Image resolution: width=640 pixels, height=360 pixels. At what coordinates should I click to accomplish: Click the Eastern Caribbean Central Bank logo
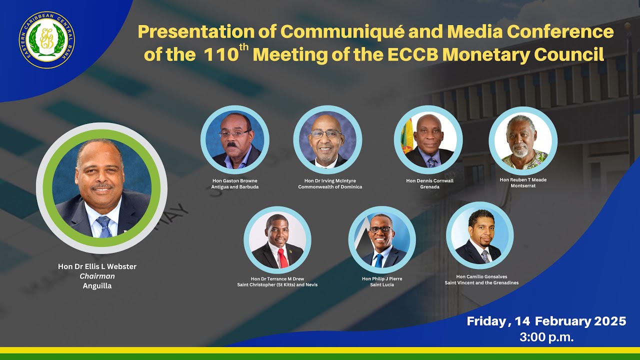point(47,40)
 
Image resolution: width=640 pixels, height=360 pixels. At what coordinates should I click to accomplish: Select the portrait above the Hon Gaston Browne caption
point(235,139)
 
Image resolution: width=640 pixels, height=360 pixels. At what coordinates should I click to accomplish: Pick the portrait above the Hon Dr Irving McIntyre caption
point(327,139)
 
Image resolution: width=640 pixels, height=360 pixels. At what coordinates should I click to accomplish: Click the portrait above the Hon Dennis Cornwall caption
point(428,140)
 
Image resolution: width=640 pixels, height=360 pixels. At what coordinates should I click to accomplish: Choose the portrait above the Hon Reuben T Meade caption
point(523,140)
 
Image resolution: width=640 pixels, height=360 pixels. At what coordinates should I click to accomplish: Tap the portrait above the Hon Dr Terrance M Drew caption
point(277,240)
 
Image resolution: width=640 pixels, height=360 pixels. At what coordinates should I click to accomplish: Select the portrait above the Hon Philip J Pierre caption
point(382,240)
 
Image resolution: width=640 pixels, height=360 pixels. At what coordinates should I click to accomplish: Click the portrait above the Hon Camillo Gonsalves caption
point(479,235)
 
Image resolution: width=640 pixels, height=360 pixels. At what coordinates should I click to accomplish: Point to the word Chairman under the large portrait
point(97,276)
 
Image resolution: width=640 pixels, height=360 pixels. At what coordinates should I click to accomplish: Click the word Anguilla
point(97,286)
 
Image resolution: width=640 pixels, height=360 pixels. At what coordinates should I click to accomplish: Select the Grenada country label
point(429,187)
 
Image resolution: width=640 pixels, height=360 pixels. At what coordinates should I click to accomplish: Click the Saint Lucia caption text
point(382,284)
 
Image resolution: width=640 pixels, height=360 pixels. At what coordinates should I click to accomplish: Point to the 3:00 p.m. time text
point(546,337)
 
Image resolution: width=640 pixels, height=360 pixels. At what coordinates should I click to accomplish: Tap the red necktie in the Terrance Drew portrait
point(282,258)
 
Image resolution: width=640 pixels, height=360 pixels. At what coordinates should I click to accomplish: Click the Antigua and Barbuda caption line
point(235,186)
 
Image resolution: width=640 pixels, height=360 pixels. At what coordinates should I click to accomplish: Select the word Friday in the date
point(485,321)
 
